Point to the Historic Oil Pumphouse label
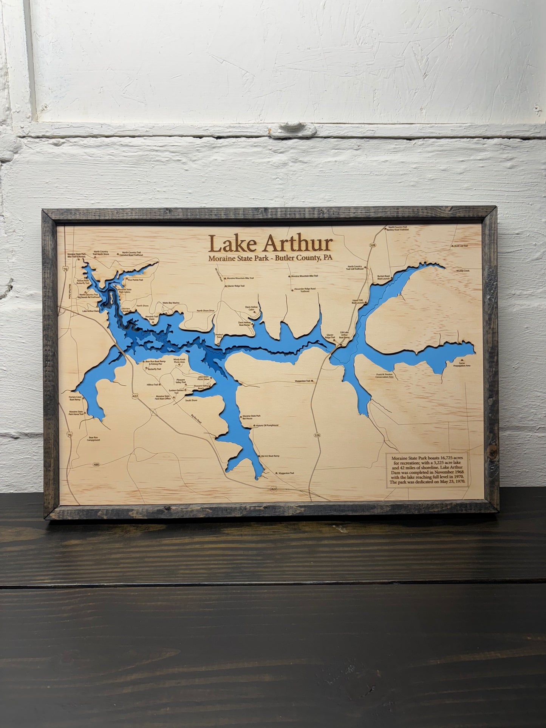(267, 425)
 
